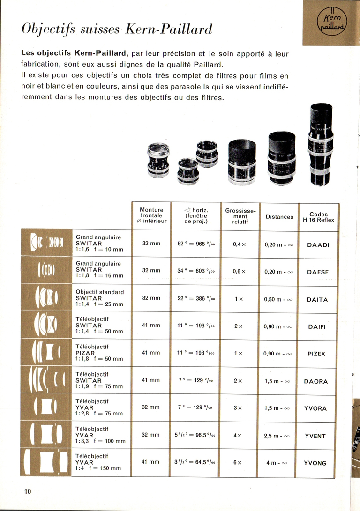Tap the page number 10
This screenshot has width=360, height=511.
[x=28, y=491]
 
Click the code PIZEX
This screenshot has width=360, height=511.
[x=316, y=354]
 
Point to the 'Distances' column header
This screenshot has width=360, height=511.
[x=279, y=217]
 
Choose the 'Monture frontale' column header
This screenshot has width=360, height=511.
[x=152, y=215]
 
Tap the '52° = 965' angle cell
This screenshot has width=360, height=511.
[x=196, y=244]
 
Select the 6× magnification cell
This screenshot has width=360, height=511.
[x=237, y=463]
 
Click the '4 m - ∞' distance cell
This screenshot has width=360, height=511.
[x=277, y=463]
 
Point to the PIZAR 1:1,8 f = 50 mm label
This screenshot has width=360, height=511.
[x=99, y=353]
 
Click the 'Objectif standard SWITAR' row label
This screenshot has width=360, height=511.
[x=100, y=298]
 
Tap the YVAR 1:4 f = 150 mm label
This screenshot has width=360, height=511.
[x=98, y=462]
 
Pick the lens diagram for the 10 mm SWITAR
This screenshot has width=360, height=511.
[x=46, y=243]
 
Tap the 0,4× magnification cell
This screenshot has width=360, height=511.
[x=239, y=244]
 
